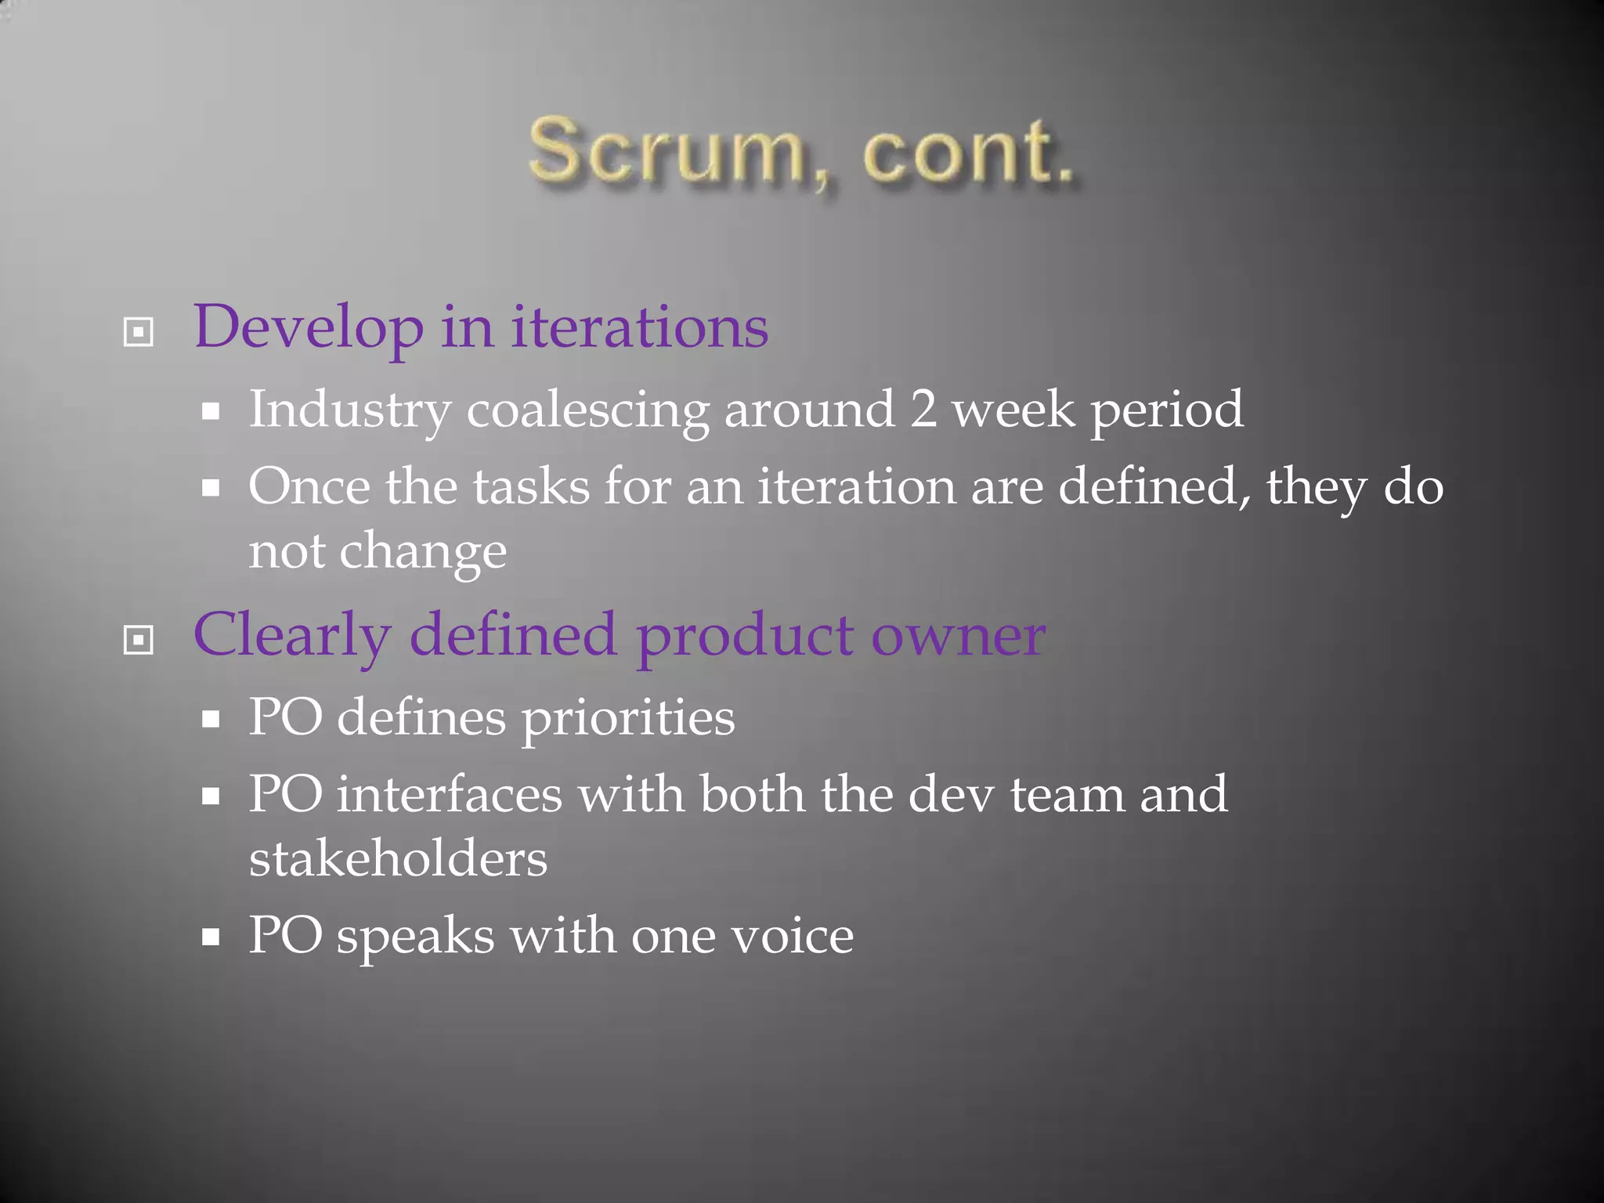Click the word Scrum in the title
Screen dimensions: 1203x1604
(x=666, y=150)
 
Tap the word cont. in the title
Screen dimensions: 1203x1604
(x=968, y=152)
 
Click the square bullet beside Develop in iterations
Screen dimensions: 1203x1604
(x=139, y=332)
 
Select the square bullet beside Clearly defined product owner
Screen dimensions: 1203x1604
(x=139, y=641)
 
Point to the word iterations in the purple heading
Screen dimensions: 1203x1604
(x=640, y=327)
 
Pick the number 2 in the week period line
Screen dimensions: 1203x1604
(x=923, y=409)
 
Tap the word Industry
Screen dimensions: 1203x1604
(x=350, y=410)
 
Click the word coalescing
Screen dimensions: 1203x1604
(x=587, y=410)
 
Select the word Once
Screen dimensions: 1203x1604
(x=309, y=486)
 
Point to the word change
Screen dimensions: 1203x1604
(x=423, y=552)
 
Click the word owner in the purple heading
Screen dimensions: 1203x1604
(x=958, y=635)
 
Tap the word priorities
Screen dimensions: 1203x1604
(x=628, y=718)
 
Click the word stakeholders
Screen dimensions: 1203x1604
(x=398, y=858)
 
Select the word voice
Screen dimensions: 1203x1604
(x=792, y=936)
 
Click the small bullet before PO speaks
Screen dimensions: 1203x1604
(x=210, y=936)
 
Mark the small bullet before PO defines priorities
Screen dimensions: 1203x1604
(x=210, y=718)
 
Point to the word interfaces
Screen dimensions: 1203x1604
(x=450, y=794)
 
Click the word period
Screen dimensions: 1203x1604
(x=1167, y=410)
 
